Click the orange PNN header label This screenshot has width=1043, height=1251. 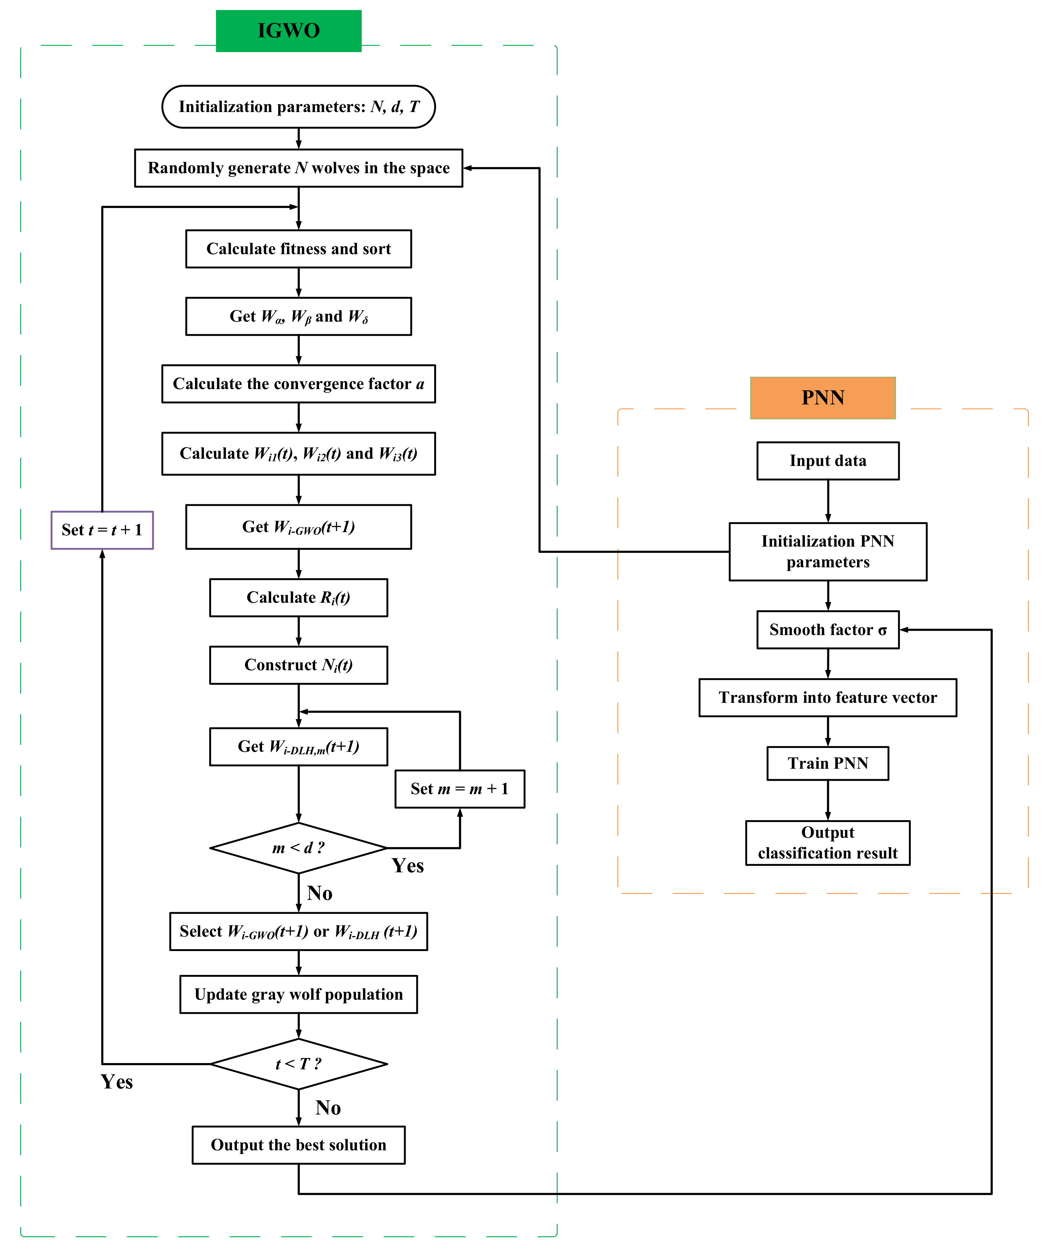pos(823,397)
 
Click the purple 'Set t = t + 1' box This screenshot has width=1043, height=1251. pos(102,530)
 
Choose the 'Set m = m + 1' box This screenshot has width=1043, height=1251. pos(460,789)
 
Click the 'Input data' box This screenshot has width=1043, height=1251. pos(828,461)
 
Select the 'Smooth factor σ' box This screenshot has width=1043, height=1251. pos(828,630)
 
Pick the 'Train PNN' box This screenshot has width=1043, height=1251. pos(828,763)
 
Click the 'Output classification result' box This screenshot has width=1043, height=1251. pos(828,842)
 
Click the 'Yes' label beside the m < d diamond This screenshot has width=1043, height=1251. pos(408,866)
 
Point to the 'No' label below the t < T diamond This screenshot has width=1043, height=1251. pos(328,1108)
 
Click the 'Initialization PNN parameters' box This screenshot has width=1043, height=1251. pos(828,552)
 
